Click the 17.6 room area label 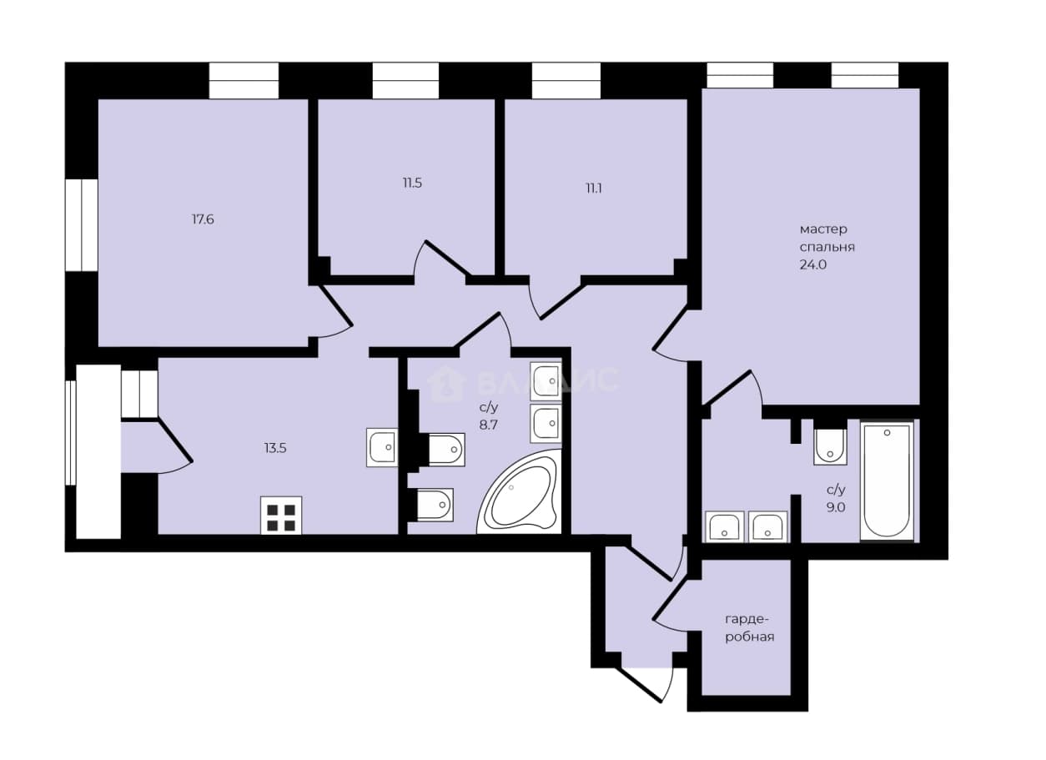pyautogui.click(x=203, y=219)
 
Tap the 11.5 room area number pyautogui.click(x=412, y=183)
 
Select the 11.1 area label pyautogui.click(x=594, y=189)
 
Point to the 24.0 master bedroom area pyautogui.click(x=813, y=264)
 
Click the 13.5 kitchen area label pyautogui.click(x=275, y=449)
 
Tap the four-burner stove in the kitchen pyautogui.click(x=281, y=516)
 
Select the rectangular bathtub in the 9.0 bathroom pyautogui.click(x=887, y=481)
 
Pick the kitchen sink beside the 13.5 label pyautogui.click(x=382, y=447)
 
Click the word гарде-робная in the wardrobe pyautogui.click(x=750, y=628)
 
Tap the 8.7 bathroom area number pyautogui.click(x=489, y=425)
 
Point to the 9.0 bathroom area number pyautogui.click(x=836, y=507)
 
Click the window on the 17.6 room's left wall pyautogui.click(x=81, y=224)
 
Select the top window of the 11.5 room pyautogui.click(x=405, y=80)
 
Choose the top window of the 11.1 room pyautogui.click(x=566, y=80)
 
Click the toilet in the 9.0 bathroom pyautogui.click(x=830, y=446)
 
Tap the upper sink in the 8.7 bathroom pyautogui.click(x=546, y=381)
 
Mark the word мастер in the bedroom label pyautogui.click(x=823, y=229)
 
